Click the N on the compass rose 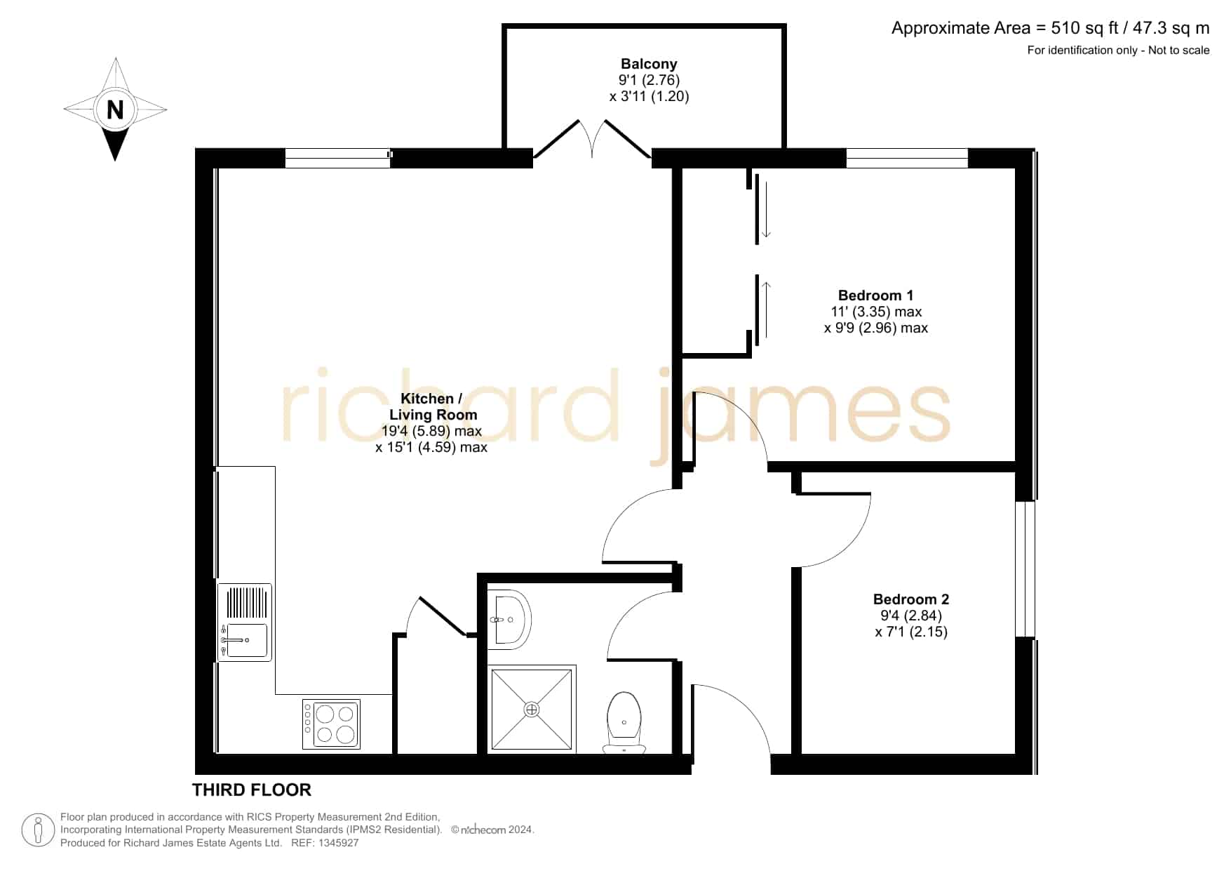115,109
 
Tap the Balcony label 649,64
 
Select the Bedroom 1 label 875,295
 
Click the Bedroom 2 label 910,599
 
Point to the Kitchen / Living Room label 432,406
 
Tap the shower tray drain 532,710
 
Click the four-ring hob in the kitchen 332,724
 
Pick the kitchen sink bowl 246,640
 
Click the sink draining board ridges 247,602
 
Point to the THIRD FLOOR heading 252,790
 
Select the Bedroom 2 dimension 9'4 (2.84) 911,616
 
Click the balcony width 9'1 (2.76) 649,80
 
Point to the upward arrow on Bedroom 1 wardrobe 766,309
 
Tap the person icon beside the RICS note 38,830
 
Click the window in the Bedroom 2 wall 1025,569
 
